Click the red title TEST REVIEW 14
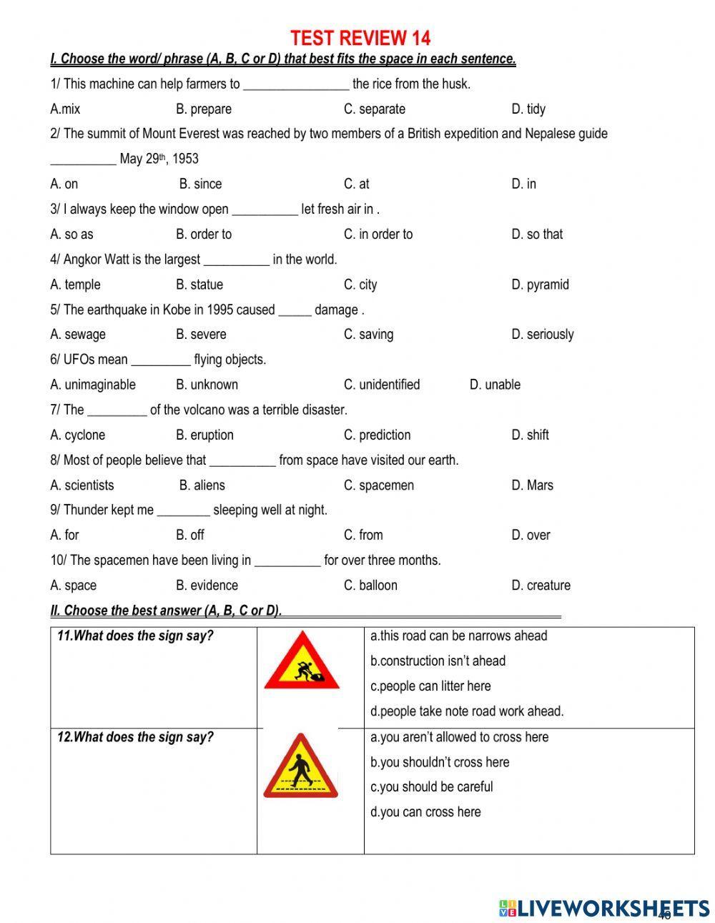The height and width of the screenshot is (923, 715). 360,37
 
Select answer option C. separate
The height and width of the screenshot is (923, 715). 374,109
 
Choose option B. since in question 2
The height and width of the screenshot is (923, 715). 200,184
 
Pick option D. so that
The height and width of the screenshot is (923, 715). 537,235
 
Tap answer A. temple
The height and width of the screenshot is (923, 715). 75,285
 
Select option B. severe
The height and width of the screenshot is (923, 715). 201,335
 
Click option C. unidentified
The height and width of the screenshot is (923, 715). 382,385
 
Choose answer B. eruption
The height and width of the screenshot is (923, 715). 204,435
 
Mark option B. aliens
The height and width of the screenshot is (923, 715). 202,485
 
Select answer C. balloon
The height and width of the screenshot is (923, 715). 370,586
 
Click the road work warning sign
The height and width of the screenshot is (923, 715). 301,661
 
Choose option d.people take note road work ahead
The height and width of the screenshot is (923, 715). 467,711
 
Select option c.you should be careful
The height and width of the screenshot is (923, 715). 431,787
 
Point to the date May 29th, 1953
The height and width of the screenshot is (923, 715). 159,159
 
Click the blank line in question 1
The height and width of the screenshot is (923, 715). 296,84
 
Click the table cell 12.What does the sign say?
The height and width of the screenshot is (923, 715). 153,790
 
